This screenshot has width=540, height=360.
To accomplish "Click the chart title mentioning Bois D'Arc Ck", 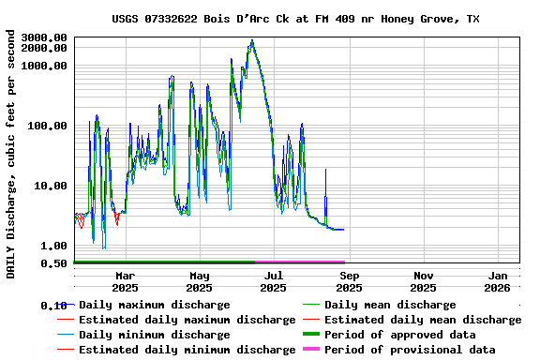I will click(x=295, y=19).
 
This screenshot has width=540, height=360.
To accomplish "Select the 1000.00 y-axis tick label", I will click(x=44, y=66).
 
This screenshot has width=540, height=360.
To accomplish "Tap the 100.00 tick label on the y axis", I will click(x=48, y=126).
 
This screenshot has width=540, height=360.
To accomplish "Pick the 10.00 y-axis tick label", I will click(x=52, y=186).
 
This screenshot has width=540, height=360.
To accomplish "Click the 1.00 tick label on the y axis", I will click(x=55, y=246).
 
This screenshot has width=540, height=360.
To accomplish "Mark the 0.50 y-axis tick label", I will click(x=55, y=263).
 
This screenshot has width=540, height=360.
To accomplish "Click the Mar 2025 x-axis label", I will click(x=125, y=281).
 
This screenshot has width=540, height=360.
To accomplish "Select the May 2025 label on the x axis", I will click(x=200, y=281).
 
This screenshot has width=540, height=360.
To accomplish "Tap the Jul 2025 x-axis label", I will click(x=274, y=281).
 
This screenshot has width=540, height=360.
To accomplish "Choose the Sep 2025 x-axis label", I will click(x=349, y=281).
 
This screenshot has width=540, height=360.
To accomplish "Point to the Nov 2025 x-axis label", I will click(x=424, y=281).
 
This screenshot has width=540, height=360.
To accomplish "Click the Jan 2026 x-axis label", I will click(x=498, y=281).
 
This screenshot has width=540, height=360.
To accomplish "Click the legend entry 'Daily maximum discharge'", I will click(x=154, y=305).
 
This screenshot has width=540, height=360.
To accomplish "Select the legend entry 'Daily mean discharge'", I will click(x=390, y=305).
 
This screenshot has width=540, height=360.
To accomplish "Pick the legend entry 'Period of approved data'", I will click(x=399, y=335).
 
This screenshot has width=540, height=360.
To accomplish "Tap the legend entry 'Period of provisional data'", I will click(x=410, y=350).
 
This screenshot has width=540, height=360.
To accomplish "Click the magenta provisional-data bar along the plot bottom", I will click(x=300, y=262).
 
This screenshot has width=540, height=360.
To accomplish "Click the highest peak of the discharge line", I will click(x=252, y=41).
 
